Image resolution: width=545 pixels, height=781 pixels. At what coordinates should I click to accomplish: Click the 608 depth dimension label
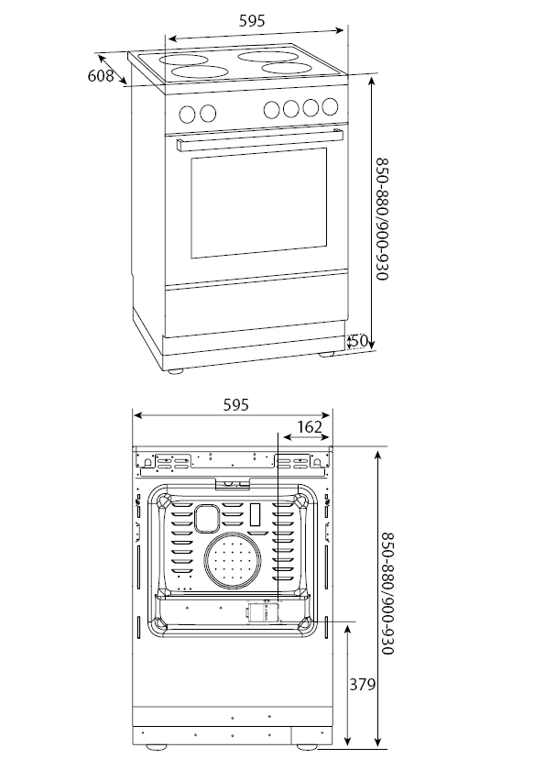pos(101,76)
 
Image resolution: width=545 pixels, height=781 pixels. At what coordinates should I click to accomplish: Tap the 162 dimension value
pos(310,427)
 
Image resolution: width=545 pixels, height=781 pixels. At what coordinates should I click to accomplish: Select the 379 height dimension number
pos(362,685)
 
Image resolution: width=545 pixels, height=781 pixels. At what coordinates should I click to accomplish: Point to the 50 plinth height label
pos(358,341)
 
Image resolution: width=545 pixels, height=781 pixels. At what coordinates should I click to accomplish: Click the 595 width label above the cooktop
pos(252,21)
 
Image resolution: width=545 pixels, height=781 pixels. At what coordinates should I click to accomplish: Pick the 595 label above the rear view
pos(235,405)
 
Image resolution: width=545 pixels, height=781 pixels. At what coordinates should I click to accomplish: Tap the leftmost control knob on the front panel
pos(188,114)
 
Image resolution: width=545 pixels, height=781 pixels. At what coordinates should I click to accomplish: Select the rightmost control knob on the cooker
pos(330,106)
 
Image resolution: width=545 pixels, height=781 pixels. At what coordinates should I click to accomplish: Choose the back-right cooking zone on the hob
pos(268,56)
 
